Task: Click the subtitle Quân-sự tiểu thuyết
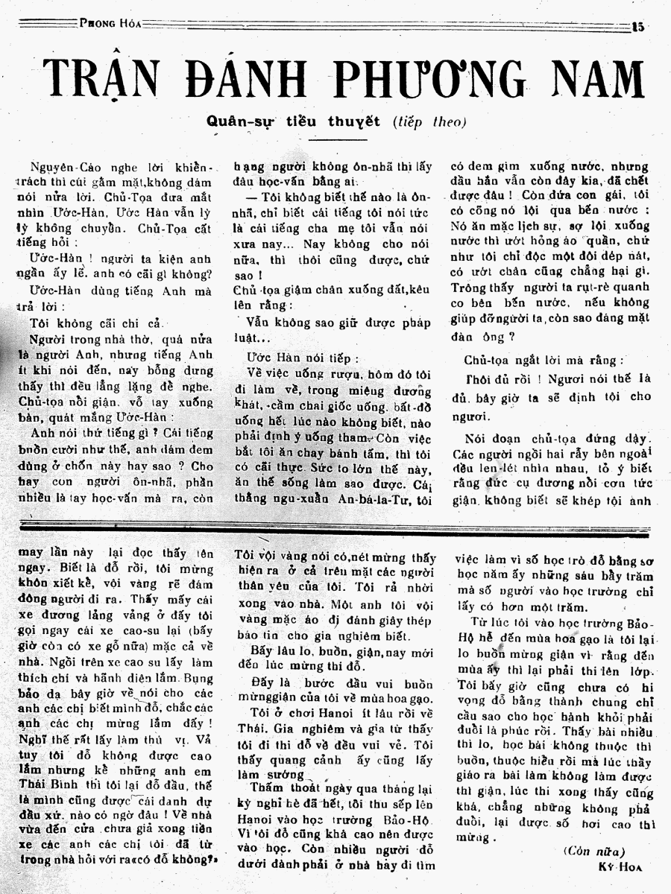coord(294,121)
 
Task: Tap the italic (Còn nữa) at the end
coord(594,852)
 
